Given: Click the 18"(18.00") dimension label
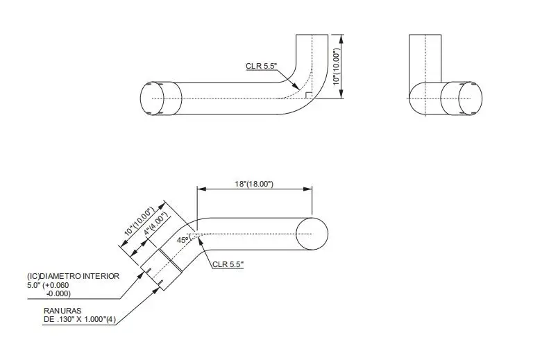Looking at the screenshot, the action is (x=254, y=184).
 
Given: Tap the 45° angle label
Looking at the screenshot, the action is (x=183, y=240).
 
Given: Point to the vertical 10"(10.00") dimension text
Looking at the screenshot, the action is (x=336, y=67).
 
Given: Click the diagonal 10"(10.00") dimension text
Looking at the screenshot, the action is (x=139, y=221).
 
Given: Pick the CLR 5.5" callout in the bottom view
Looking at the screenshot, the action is (x=228, y=264).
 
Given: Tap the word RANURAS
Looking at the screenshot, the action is (x=62, y=311).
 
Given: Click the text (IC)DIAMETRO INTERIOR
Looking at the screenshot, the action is (x=74, y=276).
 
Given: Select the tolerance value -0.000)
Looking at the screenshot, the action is (x=58, y=293).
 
